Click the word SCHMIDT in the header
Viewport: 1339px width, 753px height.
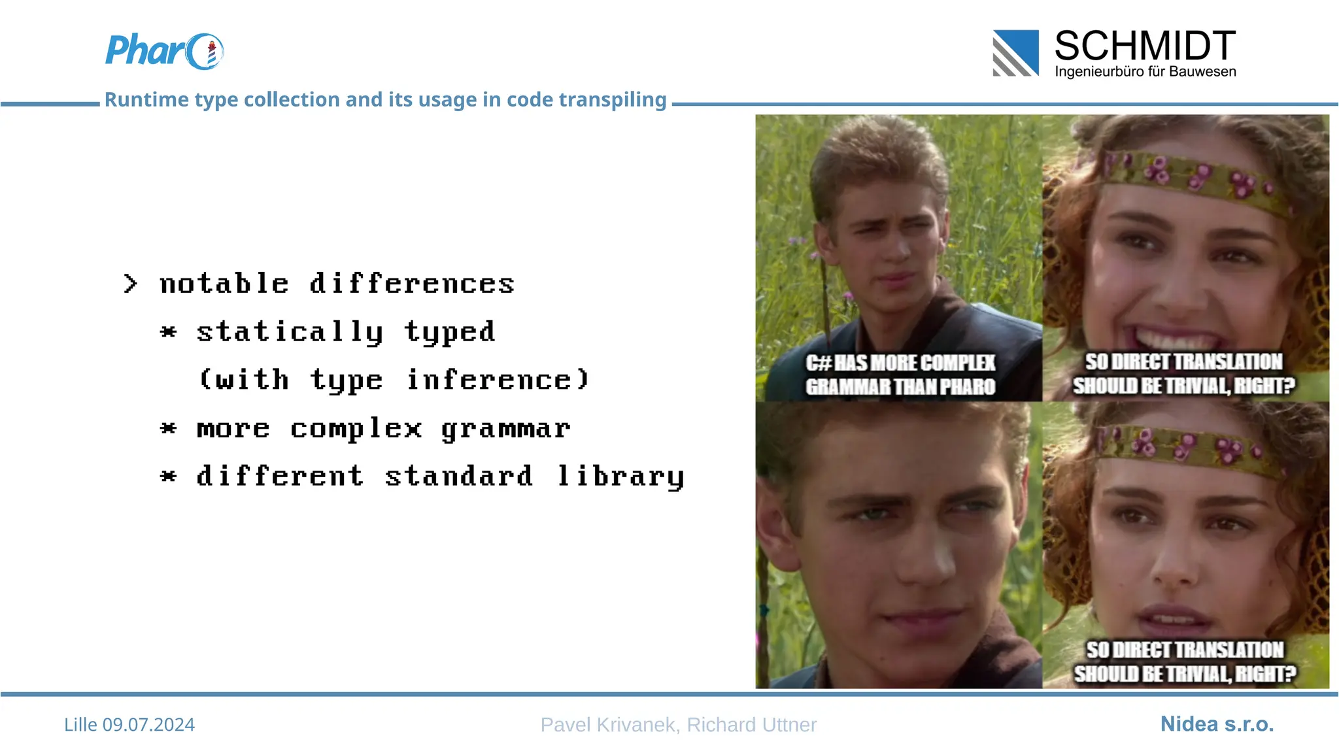1145,46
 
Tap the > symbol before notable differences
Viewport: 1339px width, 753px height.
130,284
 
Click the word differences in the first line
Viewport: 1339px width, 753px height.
412,284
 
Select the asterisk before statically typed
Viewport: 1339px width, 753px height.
168,332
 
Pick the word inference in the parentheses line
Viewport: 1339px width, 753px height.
497,380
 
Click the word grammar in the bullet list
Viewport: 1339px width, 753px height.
505,429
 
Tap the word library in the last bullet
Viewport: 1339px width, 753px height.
620,477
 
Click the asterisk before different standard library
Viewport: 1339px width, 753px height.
168,477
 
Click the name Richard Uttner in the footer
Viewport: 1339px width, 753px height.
751,724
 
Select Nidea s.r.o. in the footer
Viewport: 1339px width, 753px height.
1217,724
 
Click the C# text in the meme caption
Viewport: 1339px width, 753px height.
818,363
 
